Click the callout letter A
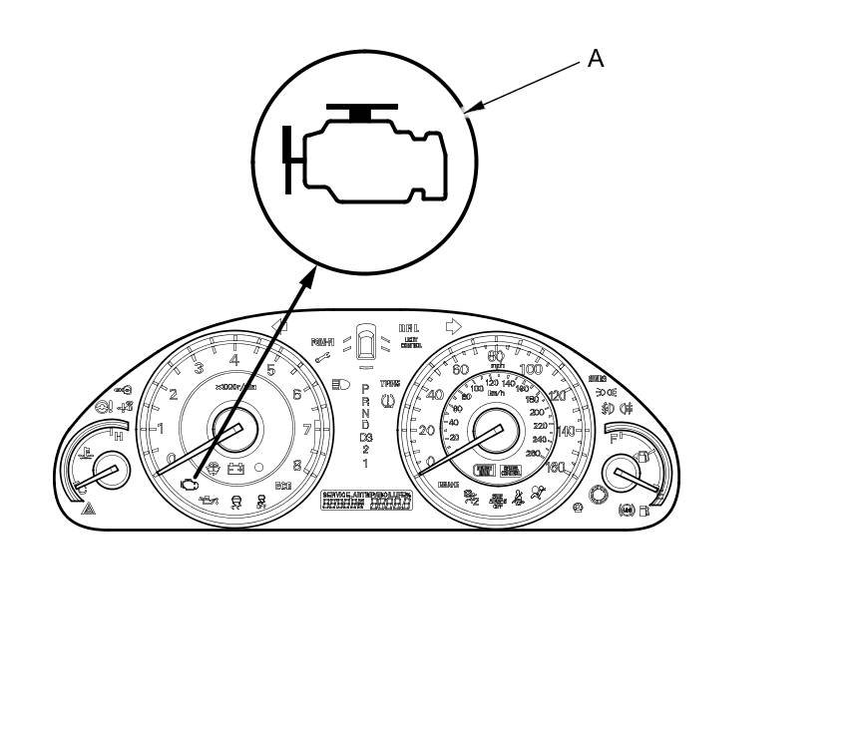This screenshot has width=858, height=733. tap(596, 59)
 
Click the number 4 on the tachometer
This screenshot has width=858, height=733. tap(233, 361)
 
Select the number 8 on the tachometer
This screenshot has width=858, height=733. tap(297, 465)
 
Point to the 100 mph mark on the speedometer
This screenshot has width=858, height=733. tap(531, 370)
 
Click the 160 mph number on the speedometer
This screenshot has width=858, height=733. tap(556, 467)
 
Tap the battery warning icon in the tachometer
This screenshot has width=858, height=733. tap(236, 468)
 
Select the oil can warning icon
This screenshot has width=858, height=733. tap(209, 498)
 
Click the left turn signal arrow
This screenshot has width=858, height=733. tap(279, 325)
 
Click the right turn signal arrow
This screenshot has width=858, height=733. tap(453, 325)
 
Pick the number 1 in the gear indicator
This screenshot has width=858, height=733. tap(365, 464)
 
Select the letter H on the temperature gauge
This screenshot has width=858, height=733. tap(119, 437)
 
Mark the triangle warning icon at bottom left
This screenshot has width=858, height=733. tap(88, 508)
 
